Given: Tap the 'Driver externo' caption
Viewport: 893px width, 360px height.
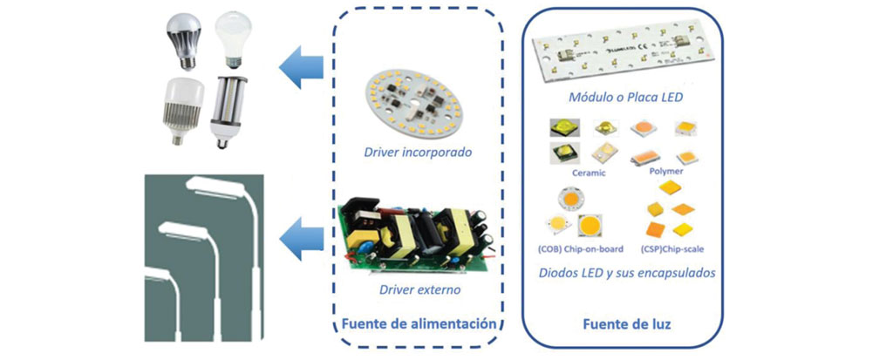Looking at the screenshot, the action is pos(419,290).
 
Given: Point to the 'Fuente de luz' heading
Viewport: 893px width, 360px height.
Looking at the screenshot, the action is pos(626,324).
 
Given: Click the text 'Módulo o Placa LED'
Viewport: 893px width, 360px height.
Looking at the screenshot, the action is pos(625,98).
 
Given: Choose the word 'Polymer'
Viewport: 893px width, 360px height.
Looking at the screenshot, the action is pos(665,170).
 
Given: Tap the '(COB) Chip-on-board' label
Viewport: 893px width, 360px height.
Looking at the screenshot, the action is pos(580,249).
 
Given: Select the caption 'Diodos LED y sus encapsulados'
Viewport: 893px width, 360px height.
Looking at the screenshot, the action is pos(626,273).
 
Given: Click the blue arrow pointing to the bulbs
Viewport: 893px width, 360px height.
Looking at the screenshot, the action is pos(301,67).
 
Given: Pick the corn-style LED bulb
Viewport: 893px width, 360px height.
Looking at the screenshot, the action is pos(228,112).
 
